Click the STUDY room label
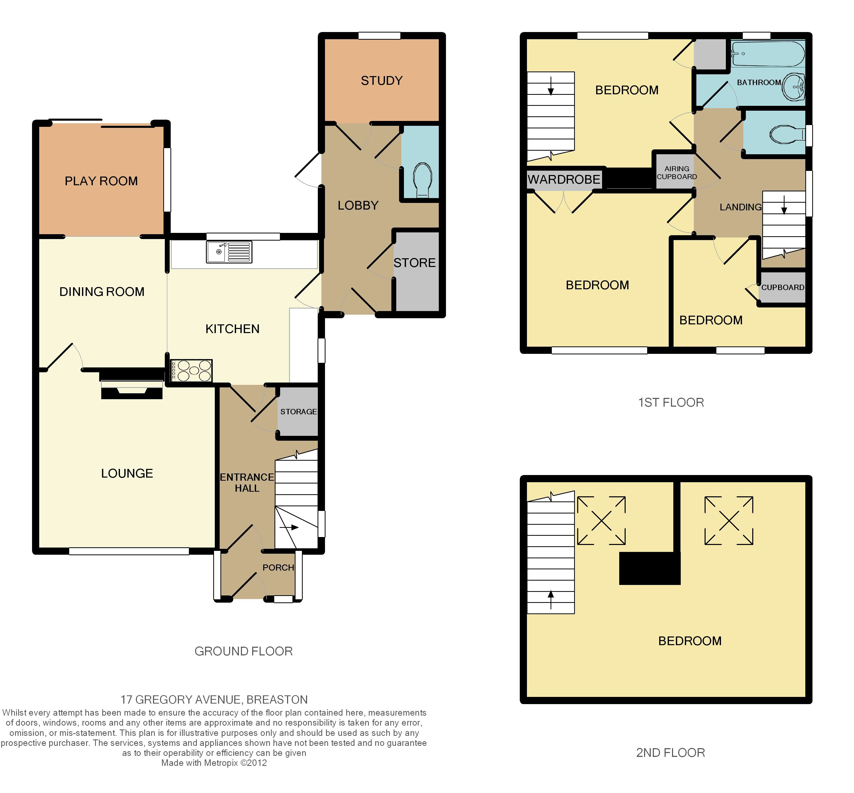[382, 81]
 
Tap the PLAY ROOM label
[101, 181]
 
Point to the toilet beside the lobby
[422, 180]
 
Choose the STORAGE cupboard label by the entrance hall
[299, 411]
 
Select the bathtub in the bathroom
[768, 54]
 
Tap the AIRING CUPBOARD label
[677, 172]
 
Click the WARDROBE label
[564, 179]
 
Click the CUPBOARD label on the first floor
[783, 287]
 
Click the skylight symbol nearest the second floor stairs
[601, 521]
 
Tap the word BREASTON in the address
[277, 699]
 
